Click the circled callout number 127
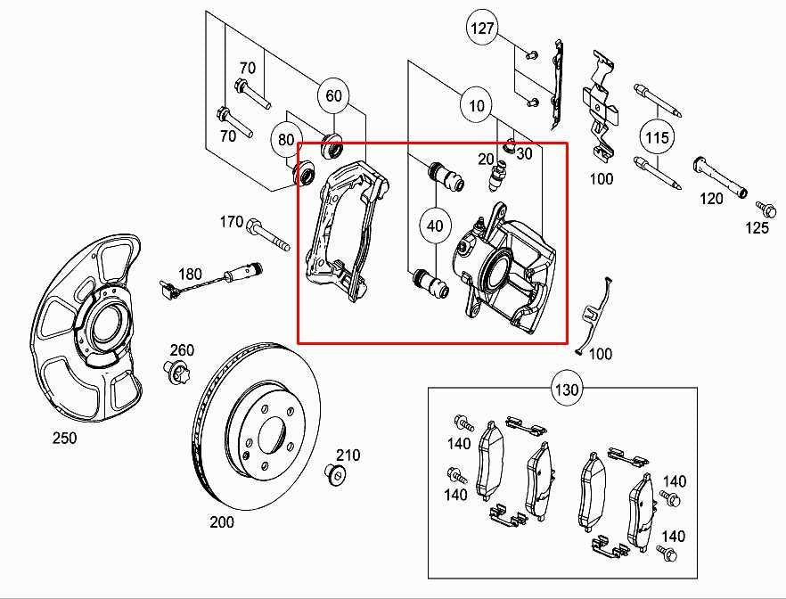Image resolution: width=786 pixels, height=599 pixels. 482,29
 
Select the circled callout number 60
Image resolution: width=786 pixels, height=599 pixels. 333,96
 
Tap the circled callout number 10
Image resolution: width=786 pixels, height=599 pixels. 477,106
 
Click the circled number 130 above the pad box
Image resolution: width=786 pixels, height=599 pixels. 568,390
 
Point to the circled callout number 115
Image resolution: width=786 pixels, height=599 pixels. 657,137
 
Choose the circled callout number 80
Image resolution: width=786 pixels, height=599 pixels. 286,140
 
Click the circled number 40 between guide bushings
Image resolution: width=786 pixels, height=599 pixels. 435,226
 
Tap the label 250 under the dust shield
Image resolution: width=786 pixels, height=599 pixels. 64,438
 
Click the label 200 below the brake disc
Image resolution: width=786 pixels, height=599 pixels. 222,521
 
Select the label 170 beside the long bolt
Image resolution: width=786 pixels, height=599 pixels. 231,221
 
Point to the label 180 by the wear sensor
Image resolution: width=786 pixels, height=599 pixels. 189,275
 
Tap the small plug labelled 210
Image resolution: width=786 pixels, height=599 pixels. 336,473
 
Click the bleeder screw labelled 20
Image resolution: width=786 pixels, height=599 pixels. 495,181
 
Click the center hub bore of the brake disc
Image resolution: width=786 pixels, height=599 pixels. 269,433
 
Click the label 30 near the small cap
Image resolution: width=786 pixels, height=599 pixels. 523,153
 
